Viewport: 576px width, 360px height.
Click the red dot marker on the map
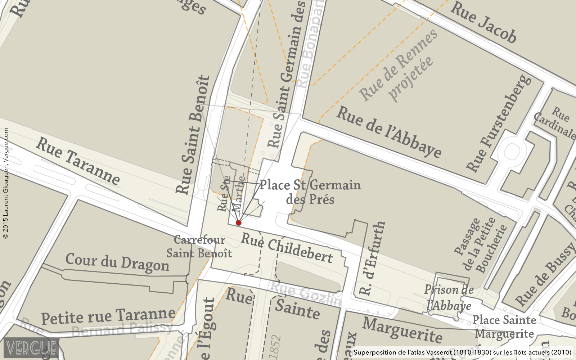coord(238,223)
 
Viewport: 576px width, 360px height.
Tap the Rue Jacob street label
coord(483,22)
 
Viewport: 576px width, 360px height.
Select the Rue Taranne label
coord(78,161)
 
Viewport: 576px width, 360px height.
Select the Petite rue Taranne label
coord(108,316)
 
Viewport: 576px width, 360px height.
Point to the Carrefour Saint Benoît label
coord(199,247)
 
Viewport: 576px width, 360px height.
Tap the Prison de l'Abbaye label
coord(449,298)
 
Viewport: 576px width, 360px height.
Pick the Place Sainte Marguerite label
coord(504,327)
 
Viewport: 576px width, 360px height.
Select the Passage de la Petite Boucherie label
coord(481,245)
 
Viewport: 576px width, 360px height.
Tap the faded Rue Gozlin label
coord(306,293)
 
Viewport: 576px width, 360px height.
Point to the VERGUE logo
coord(31,348)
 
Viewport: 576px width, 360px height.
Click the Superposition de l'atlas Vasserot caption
coord(462,352)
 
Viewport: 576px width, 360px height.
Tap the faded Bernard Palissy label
coord(122,328)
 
